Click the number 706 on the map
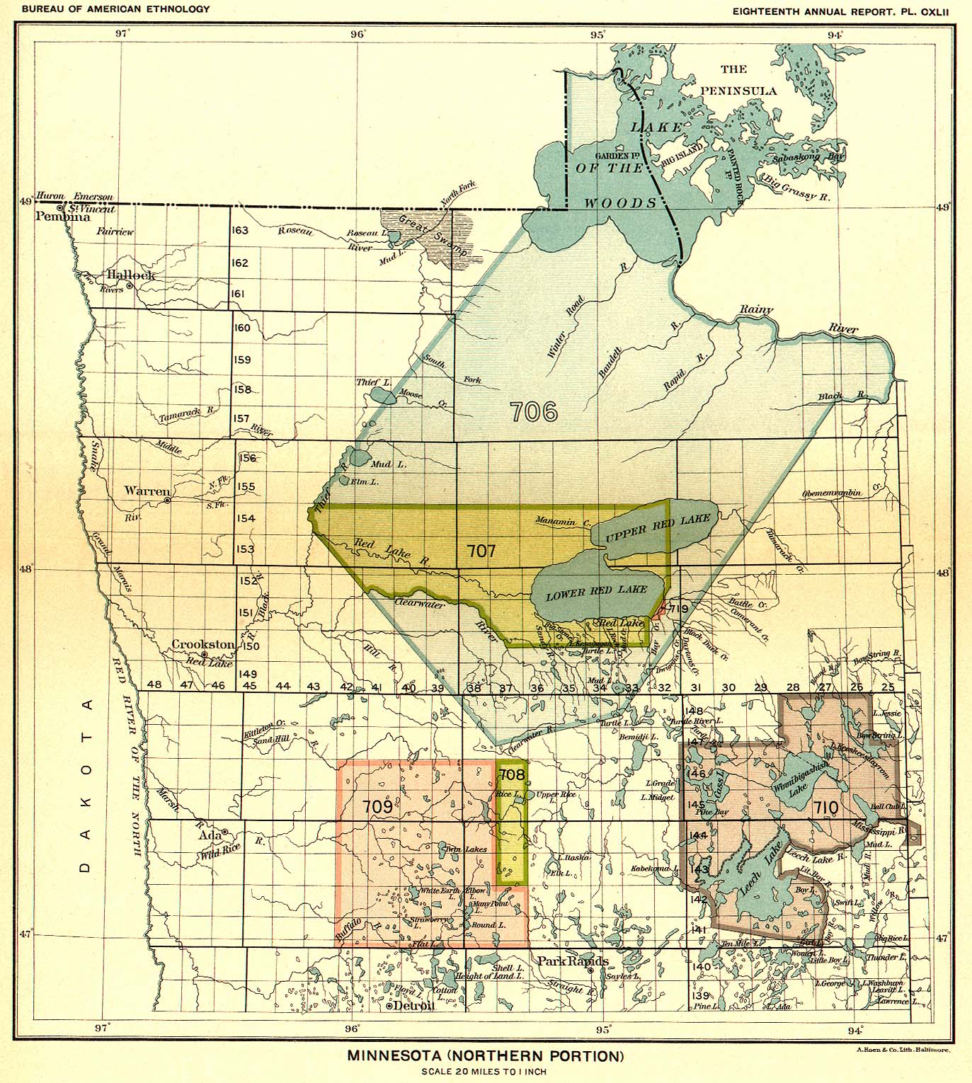click(534, 411)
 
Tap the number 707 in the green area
click(481, 551)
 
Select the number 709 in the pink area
click(377, 806)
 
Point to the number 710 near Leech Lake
click(825, 806)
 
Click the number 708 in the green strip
click(511, 774)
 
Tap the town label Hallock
click(131, 275)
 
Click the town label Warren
click(147, 491)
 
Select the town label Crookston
click(203, 645)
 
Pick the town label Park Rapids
click(572, 961)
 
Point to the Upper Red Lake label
click(656, 528)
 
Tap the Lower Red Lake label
click(596, 592)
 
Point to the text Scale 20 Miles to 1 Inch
click(484, 1071)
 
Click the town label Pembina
click(64, 217)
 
